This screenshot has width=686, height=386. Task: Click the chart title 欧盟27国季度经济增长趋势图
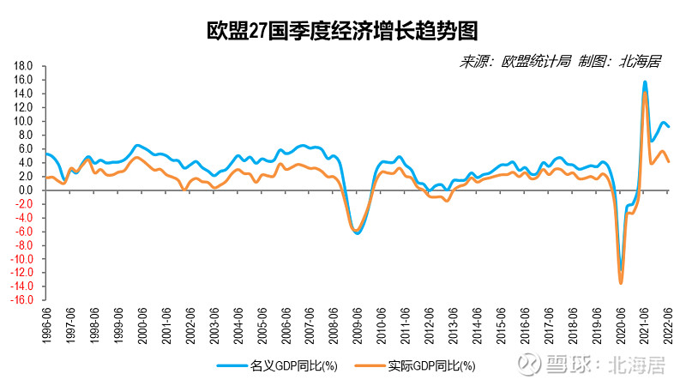341,31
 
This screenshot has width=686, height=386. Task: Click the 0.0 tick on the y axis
26,190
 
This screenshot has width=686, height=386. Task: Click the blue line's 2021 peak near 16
645,82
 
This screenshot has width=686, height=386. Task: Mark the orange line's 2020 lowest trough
621,282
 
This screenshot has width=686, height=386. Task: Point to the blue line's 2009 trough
357,233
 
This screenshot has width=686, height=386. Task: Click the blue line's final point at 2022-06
669,127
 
